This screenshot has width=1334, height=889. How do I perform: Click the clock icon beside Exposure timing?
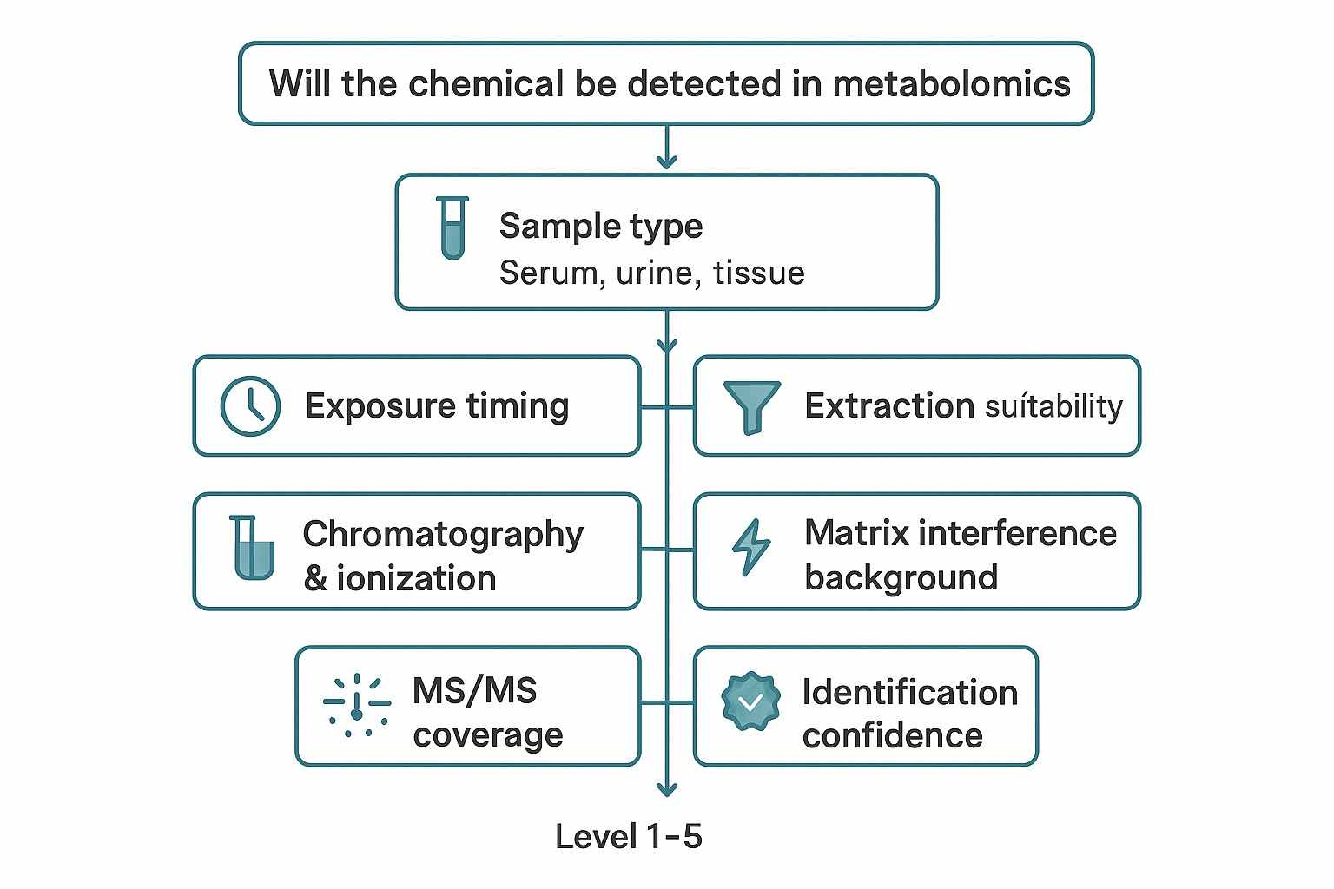(250, 405)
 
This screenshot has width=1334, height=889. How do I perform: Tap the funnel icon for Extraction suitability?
(751, 405)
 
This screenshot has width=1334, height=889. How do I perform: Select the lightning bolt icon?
(750, 548)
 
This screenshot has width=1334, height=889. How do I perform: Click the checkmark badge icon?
(750, 701)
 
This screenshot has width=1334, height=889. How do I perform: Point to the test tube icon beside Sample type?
(452, 227)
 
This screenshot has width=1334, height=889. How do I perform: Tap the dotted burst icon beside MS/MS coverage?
(356, 705)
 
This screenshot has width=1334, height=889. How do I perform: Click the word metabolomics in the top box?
(951, 84)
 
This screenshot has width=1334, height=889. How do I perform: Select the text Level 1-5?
(628, 837)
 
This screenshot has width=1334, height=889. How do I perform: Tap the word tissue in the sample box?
(758, 273)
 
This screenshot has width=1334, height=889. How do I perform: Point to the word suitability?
(1053, 406)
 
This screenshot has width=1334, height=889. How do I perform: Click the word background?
(901, 577)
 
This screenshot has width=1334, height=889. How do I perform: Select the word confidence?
(892, 736)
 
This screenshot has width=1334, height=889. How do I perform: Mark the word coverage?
(488, 736)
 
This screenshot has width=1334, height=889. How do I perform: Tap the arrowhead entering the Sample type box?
(666, 161)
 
